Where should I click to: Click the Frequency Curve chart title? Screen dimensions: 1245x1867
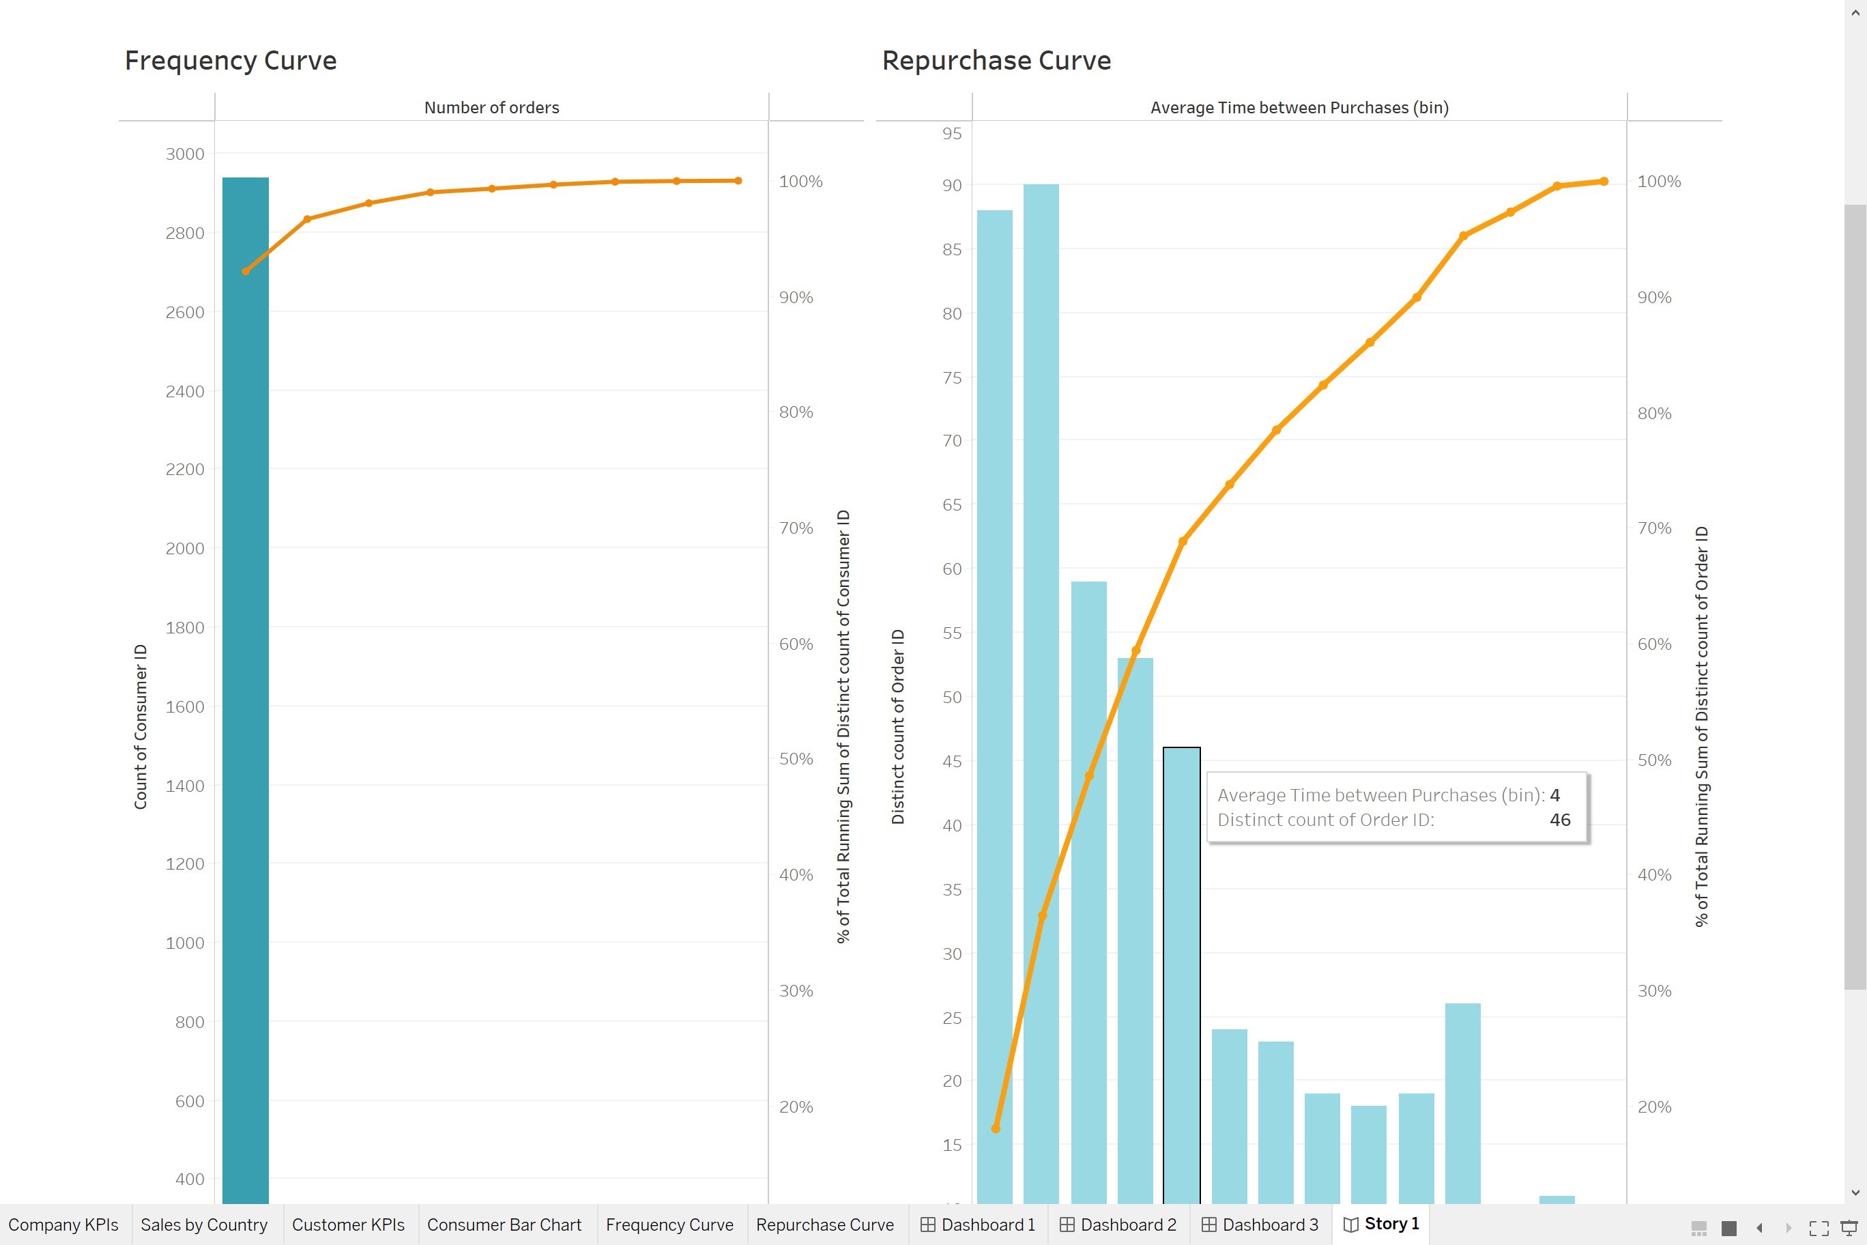click(x=230, y=60)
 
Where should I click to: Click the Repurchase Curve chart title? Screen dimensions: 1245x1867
click(x=996, y=60)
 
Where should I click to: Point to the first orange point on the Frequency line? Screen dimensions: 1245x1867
click(x=246, y=271)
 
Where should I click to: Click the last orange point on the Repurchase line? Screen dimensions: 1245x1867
click(x=1604, y=181)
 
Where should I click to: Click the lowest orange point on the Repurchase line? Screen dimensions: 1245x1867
click(x=996, y=1128)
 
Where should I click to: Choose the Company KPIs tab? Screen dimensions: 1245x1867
click(x=63, y=1225)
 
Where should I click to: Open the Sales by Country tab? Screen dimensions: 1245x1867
click(x=204, y=1225)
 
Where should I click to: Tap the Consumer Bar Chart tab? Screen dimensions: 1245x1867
click(x=504, y=1225)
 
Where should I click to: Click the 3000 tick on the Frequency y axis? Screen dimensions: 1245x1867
click(x=184, y=154)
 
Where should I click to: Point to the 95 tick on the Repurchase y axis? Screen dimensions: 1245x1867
click(x=952, y=133)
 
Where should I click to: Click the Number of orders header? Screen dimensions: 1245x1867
click(x=491, y=107)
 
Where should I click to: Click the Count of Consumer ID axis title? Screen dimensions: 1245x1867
click(x=141, y=726)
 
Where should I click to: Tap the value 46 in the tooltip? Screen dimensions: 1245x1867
click(x=1560, y=819)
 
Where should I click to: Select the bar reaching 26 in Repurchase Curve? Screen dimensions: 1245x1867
click(x=1462, y=1104)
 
